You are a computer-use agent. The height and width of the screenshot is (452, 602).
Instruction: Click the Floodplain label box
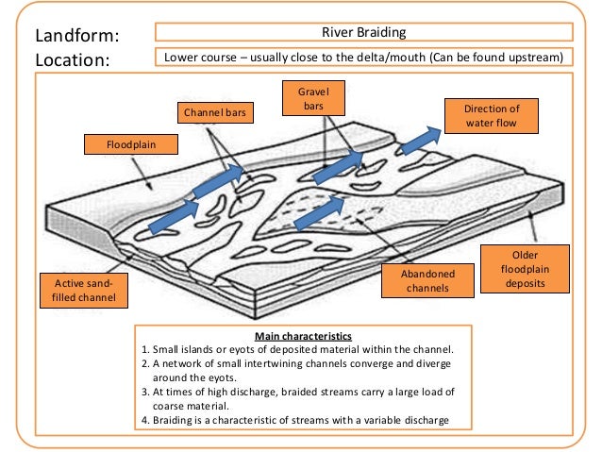(131, 144)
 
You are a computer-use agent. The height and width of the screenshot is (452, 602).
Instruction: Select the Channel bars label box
(213, 115)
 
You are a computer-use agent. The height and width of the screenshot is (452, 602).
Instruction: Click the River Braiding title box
(363, 33)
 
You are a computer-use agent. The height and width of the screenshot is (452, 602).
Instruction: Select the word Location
(73, 59)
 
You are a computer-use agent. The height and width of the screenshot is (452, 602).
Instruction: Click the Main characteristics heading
(302, 336)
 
